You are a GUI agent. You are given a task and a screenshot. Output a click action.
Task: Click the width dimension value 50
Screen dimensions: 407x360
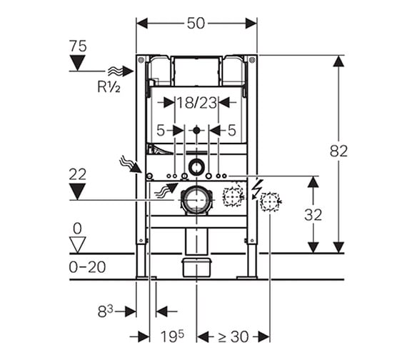196,24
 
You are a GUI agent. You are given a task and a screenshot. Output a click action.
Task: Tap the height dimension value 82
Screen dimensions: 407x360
338,151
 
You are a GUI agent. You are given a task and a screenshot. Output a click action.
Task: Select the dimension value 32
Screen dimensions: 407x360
313,215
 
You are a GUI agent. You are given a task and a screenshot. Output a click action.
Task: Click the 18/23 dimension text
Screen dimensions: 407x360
196,103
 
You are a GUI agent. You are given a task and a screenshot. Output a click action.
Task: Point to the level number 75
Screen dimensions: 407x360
78,46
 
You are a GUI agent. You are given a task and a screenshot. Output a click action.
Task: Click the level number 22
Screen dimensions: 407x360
78,174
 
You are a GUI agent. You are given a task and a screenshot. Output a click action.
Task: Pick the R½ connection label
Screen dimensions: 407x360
109,86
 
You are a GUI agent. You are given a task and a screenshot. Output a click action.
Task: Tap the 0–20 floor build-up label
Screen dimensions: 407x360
87,266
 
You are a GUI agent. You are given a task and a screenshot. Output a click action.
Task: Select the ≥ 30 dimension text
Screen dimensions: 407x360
233,337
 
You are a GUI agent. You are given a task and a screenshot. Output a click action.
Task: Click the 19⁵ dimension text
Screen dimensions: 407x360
172,336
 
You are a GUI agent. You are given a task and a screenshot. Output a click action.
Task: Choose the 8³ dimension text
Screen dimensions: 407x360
106,311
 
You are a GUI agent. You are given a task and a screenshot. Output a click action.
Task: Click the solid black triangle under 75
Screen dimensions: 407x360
78,63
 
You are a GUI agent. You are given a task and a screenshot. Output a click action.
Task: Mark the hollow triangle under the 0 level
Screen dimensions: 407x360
78,244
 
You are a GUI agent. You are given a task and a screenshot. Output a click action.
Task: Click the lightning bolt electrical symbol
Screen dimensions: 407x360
257,189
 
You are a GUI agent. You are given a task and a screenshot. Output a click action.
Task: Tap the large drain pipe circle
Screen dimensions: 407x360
197,200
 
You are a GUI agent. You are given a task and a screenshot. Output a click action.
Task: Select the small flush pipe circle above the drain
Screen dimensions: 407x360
197,166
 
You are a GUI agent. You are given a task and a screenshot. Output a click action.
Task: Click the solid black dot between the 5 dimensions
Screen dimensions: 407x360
197,130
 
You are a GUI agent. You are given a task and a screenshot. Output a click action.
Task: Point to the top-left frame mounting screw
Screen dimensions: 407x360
141,60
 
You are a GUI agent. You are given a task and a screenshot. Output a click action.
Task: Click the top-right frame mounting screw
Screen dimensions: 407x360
252,60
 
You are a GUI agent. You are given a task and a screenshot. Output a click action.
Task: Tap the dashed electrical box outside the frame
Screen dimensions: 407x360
270,202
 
